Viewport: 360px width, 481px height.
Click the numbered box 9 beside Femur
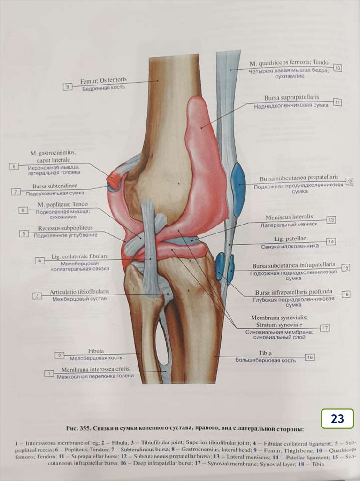pos(68,86)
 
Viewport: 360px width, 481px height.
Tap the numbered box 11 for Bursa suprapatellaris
pos(337,101)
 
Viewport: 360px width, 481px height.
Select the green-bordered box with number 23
pos(337,419)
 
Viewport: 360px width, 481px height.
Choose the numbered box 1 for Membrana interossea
pos(49,373)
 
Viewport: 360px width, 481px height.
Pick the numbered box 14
pos(331,241)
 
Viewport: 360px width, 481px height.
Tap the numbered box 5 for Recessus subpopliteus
pos(23,233)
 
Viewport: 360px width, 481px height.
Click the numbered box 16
pos(346,294)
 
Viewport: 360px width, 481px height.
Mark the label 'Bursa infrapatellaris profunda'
pos(293,291)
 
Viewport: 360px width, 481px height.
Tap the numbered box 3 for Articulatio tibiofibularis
pos(36,295)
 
